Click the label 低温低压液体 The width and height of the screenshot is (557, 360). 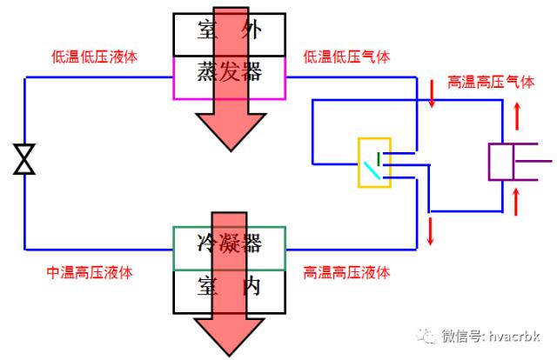pyautogui.click(x=95, y=57)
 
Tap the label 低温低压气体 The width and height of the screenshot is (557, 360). pyautogui.click(x=346, y=57)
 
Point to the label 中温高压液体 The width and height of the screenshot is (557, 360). pyautogui.click(x=90, y=272)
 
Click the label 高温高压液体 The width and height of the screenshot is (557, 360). pyautogui.click(x=346, y=272)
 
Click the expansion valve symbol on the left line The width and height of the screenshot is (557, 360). pyautogui.click(x=24, y=159)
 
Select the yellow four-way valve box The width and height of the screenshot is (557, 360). pyautogui.click(x=374, y=162)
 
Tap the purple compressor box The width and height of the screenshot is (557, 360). pyautogui.click(x=504, y=162)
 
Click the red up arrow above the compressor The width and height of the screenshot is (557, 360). pyautogui.click(x=518, y=114)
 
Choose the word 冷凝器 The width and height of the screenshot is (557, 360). pyautogui.click(x=230, y=244)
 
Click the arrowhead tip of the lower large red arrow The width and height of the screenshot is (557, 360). pyautogui.click(x=230, y=354)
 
